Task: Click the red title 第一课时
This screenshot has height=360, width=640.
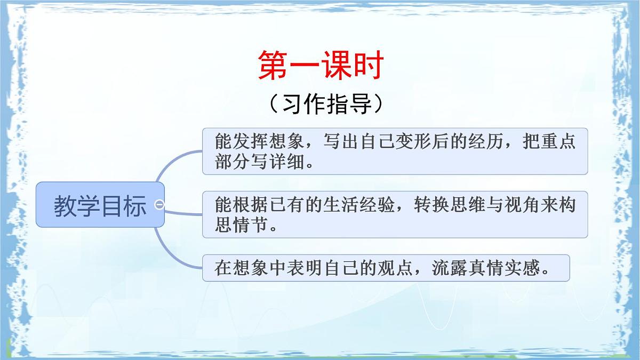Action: (x=321, y=65)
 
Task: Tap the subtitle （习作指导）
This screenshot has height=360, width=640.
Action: (x=326, y=104)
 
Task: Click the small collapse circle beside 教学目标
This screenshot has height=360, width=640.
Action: (x=159, y=204)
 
